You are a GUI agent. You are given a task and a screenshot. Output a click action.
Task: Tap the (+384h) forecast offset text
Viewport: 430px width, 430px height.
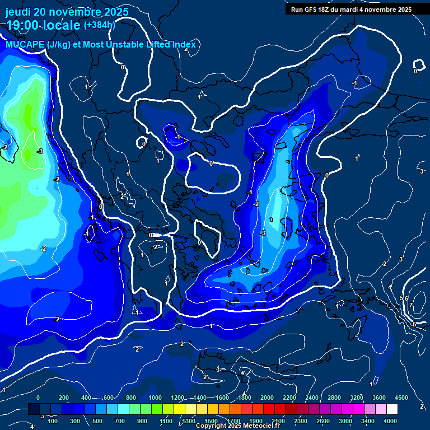pos(99,25)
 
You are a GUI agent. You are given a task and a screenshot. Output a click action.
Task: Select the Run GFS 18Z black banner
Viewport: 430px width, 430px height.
pos(351,10)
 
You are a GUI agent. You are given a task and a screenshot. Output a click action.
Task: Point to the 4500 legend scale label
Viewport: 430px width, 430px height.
pos(401,398)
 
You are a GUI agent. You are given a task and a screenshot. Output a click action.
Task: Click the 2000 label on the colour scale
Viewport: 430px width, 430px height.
pos(267,398)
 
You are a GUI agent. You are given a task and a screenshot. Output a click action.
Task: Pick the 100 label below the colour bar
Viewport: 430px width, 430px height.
pos(53,421)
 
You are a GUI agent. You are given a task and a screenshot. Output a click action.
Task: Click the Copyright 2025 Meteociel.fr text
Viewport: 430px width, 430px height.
pos(238,426)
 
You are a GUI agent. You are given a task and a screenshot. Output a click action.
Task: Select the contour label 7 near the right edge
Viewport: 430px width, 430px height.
pos(410,305)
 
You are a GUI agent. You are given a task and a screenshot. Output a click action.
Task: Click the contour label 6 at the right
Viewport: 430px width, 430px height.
pos(406,299)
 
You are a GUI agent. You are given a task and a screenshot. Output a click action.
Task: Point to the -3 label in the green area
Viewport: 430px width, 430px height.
pos(40,152)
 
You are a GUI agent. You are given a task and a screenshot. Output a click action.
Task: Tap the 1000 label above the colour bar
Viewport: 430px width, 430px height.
pos(155,398)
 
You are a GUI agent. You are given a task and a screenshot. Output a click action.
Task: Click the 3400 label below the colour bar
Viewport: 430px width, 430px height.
pos(368,421)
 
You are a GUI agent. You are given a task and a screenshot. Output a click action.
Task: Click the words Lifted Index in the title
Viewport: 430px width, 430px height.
pos(168,45)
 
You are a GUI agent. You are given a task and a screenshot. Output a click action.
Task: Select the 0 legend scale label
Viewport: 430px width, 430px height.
pos(38,398)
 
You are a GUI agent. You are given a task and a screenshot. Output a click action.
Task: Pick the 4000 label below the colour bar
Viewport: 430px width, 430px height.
pos(390,421)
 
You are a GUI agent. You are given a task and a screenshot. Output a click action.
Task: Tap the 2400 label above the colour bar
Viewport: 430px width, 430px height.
pos(312,398)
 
